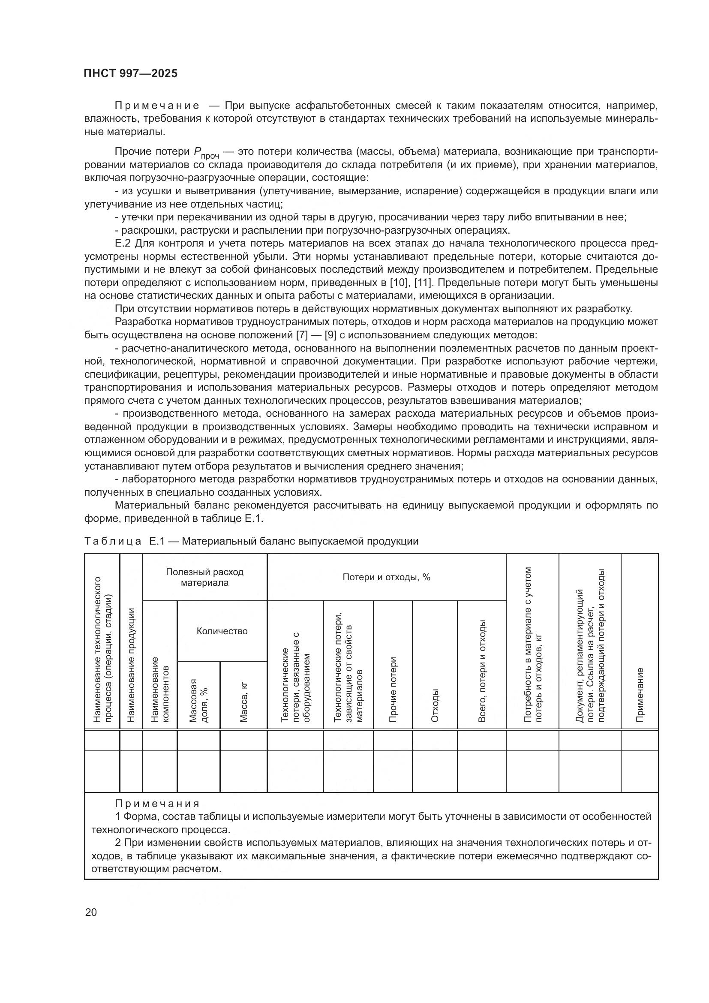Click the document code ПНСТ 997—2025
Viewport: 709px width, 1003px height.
pos(131,73)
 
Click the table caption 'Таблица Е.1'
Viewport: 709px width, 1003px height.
pos(113,541)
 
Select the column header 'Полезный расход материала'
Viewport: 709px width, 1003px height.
pos(204,577)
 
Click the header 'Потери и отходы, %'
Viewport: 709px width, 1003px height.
pos(386,577)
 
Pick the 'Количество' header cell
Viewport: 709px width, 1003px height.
pos(222,631)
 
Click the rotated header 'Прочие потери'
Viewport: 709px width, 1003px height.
pos(393,689)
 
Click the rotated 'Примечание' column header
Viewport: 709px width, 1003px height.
pos(639,695)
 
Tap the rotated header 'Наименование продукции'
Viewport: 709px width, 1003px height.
pos(131,664)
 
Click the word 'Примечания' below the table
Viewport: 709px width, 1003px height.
pos(157,804)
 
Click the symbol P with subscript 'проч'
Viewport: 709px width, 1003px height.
pos(205,153)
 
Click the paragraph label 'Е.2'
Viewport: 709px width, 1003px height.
pos(123,243)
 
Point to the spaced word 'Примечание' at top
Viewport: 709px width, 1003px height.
pos(157,106)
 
